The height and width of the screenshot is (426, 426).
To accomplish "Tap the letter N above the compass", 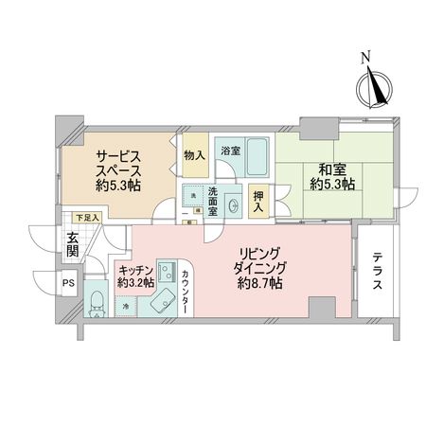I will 366,58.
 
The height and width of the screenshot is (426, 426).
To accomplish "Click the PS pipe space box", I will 69,282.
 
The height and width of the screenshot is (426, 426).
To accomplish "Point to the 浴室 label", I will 231,151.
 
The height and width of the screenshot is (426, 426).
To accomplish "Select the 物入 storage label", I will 193,153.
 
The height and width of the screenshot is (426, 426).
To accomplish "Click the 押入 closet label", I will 256,200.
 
